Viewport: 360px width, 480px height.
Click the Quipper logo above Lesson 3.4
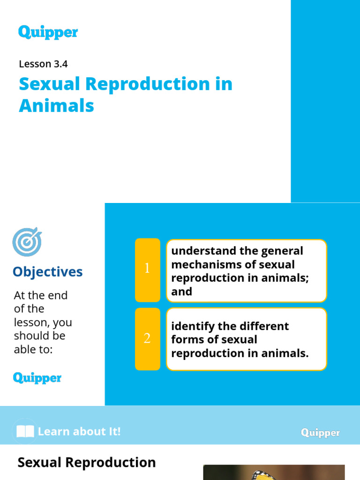coord(48,32)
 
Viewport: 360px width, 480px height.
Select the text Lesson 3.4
coord(40,64)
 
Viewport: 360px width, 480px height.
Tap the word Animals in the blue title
coord(56,106)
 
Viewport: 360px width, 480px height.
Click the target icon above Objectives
coord(27,242)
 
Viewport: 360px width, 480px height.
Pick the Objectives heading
coord(48,272)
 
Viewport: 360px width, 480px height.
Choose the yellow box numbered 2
coord(147,339)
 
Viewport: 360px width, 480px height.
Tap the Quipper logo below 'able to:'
coord(37,378)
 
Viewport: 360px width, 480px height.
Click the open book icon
coord(25,431)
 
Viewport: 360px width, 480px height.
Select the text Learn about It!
coord(79,432)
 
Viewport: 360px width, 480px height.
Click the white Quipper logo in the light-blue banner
coord(320,433)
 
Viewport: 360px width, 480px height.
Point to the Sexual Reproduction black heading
coord(87,463)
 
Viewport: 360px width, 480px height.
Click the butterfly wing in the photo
coord(262,474)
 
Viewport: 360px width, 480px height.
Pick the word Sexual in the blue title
coord(48,84)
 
